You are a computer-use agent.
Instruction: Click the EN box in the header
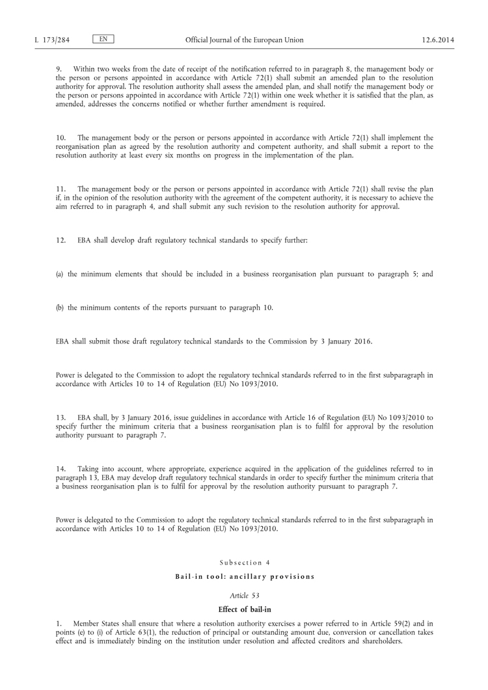(103, 39)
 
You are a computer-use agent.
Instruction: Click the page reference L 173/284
(52, 40)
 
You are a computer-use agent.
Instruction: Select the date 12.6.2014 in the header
(438, 40)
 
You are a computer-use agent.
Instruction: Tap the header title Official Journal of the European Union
(244, 40)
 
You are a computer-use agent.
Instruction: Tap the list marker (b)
(59, 308)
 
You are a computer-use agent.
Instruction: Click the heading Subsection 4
(244, 563)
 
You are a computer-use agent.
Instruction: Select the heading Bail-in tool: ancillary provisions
(244, 576)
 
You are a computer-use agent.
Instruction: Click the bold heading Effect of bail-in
(244, 609)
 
